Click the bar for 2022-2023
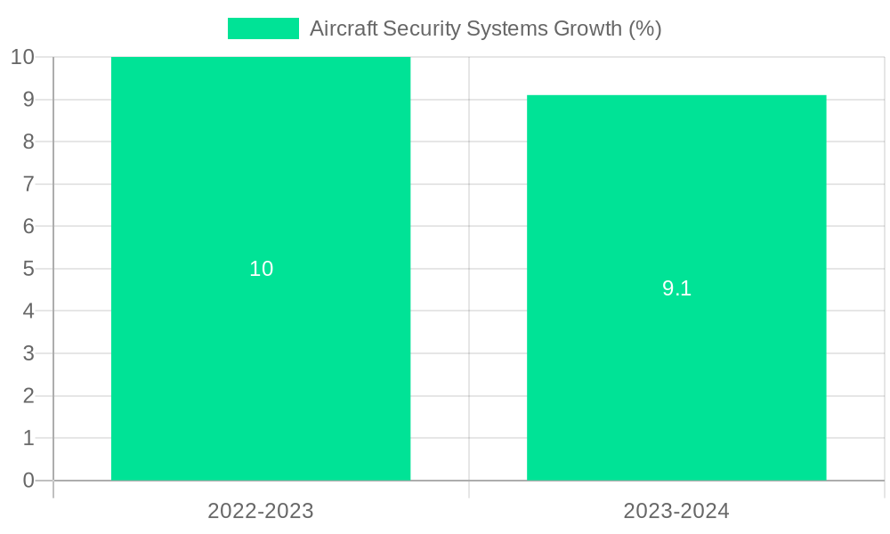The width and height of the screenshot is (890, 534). tap(261, 356)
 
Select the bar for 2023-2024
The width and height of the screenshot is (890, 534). tap(676, 374)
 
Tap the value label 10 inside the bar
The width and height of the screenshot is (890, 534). tap(261, 269)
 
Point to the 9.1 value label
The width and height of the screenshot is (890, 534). tap(676, 288)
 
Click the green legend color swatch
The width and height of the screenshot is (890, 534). tap(263, 28)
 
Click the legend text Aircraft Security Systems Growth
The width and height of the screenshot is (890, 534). tap(485, 28)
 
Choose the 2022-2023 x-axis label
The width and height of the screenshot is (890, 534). tap(261, 511)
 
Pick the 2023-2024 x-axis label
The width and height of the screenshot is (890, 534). tap(676, 511)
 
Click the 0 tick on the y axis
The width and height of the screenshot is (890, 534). tap(28, 481)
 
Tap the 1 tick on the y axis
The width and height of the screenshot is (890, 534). tap(28, 438)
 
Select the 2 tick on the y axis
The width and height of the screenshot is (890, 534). tap(28, 396)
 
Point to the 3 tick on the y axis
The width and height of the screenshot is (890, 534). tap(28, 353)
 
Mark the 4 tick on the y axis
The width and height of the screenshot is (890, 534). tap(28, 311)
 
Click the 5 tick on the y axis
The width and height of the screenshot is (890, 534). tap(28, 269)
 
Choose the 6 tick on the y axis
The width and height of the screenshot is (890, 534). tap(28, 226)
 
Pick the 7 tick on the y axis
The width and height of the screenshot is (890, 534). tap(28, 184)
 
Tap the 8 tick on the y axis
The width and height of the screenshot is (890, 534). tap(28, 142)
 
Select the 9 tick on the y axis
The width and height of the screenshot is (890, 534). tap(28, 100)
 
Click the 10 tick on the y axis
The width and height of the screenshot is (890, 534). tap(23, 57)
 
